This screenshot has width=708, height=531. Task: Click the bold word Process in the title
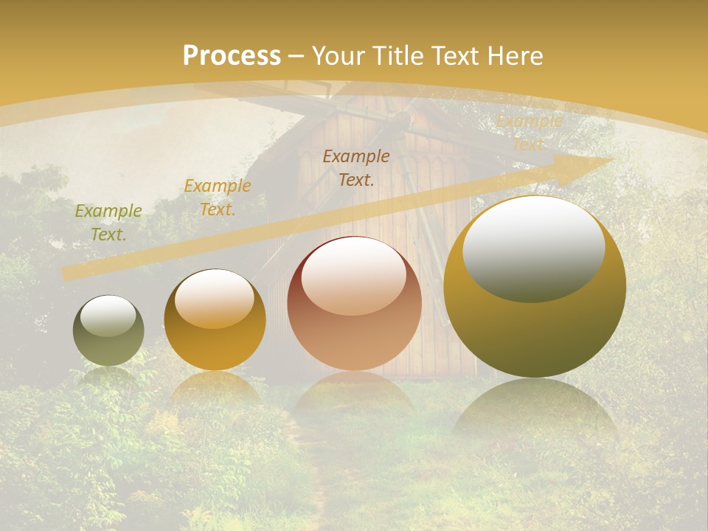232,56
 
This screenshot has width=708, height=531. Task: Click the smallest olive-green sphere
108,331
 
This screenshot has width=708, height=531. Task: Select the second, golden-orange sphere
215,320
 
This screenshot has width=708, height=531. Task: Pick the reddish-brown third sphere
354,304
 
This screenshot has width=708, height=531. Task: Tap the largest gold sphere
535,287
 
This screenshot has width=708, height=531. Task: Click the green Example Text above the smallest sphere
108,223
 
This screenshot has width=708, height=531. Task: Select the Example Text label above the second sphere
218,198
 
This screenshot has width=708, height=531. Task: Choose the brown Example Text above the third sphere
356,167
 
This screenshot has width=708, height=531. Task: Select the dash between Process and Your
296,56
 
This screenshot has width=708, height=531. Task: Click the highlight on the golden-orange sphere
214,299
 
